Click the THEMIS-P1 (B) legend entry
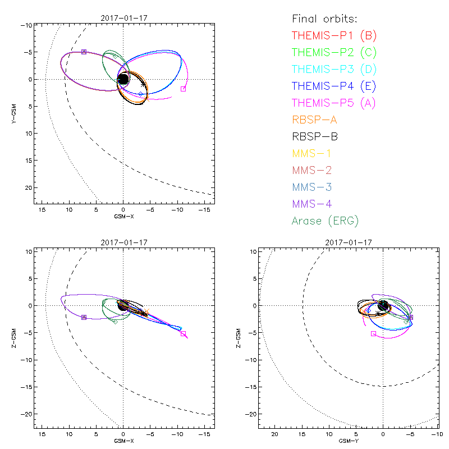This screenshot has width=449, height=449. point(334,36)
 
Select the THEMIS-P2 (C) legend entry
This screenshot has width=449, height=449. point(334,53)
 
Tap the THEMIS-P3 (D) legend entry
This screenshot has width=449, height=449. point(334,70)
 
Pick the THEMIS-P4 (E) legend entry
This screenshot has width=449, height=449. point(334,86)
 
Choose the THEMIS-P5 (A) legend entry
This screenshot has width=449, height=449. point(334,103)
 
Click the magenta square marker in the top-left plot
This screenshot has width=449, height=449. point(183,89)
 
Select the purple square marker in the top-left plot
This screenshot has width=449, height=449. point(84,52)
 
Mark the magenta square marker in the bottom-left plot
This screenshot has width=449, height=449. point(183,333)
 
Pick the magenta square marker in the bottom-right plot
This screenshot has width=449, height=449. point(373,333)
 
